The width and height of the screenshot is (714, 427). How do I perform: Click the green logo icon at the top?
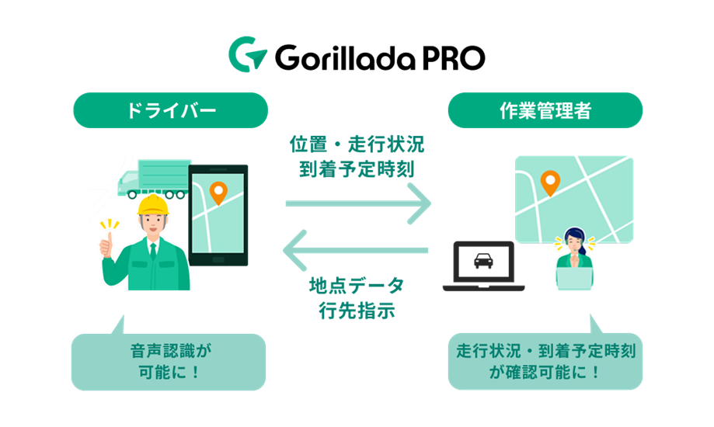[247, 54]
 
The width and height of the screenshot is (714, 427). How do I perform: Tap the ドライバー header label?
[170, 110]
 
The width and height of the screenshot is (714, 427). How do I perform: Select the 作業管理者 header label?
[545, 110]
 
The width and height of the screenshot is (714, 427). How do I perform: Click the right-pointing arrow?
[358, 203]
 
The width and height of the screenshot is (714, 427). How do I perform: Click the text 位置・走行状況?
[357, 145]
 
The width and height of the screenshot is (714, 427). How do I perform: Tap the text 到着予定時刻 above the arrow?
[357, 169]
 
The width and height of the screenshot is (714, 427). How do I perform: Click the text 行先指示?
[357, 310]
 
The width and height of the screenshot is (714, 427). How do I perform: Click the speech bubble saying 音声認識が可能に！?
[168, 361]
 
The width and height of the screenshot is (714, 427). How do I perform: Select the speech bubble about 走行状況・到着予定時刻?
[545, 361]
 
